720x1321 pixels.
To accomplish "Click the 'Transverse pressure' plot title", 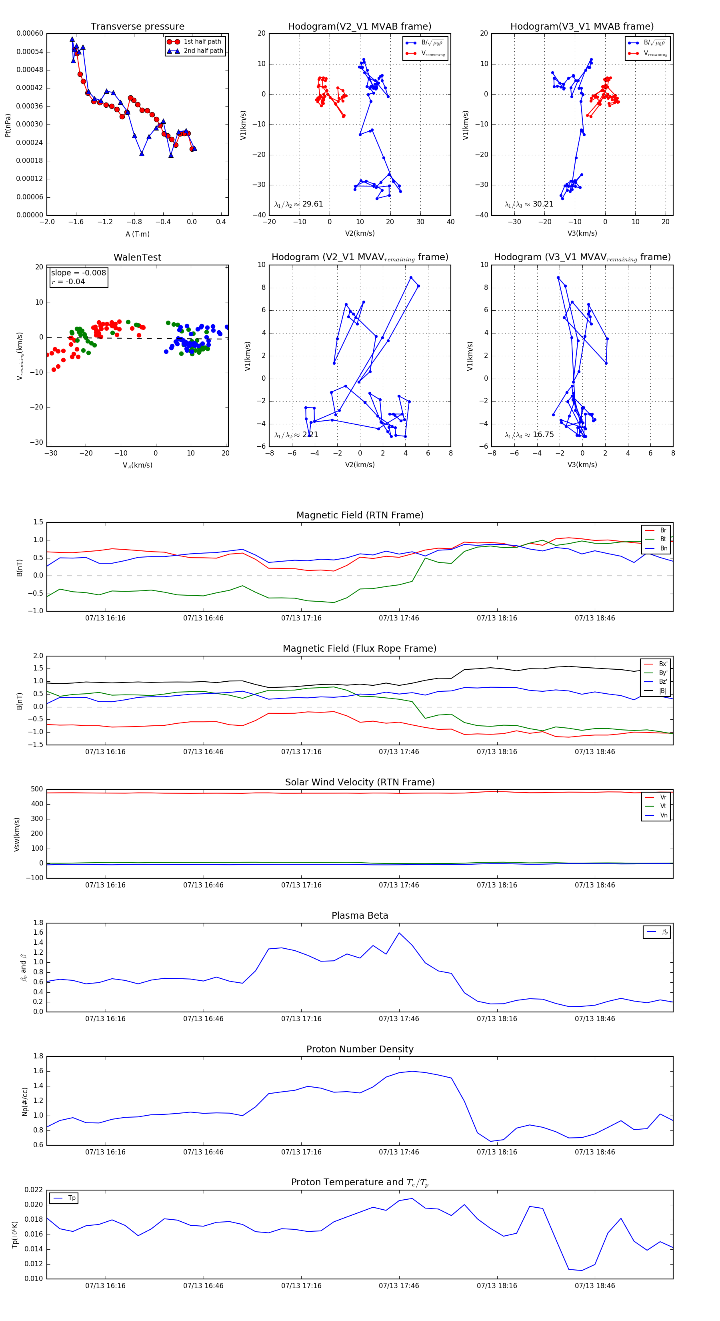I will pos(137,27).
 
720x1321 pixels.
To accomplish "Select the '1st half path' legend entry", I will pos(202,42).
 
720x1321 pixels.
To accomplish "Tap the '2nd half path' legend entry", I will pos(203,51).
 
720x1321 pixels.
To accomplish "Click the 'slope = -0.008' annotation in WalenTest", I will pos(78,273).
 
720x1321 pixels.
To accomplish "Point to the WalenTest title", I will pos(137,257).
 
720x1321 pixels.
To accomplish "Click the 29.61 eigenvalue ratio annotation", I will pos(299,204).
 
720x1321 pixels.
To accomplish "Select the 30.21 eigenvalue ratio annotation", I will pos(529,204).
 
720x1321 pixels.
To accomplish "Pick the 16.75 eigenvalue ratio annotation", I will pos(529,435).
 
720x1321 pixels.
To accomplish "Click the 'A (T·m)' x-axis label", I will pos(137,234).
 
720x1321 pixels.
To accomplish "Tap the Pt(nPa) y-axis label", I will pos(8,124).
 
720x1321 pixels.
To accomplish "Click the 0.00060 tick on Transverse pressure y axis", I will pos(30,33).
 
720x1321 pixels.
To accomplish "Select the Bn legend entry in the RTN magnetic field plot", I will pos(663,548).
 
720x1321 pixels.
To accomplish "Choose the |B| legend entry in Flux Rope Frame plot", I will pos(663,691).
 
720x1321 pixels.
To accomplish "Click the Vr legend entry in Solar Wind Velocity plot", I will pos(663,797).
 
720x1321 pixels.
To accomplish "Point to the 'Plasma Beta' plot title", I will pos(360,915).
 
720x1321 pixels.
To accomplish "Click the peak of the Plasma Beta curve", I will pos(399,933).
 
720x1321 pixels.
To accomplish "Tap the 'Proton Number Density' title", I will pos(360,1049).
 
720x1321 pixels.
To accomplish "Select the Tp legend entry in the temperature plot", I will pos(72,1198).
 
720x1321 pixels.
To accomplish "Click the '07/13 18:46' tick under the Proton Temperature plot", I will pos(594,1286).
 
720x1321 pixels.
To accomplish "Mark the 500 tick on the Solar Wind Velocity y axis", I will pos(37,789).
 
